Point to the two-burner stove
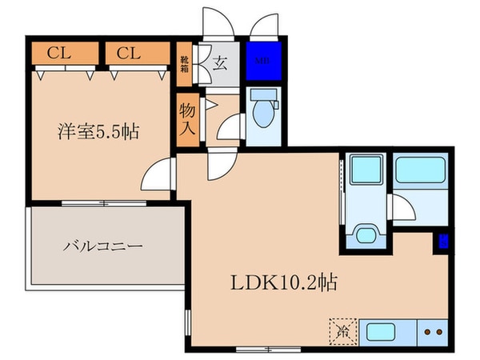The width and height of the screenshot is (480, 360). coord(433,330)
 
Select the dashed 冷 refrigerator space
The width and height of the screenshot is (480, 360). coord(340,330)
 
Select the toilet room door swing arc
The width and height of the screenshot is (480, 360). coord(230,127)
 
